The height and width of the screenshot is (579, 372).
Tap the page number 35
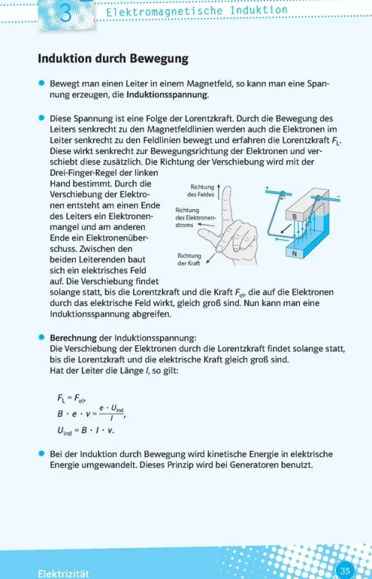344,570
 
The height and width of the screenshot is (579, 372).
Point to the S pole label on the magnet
294,215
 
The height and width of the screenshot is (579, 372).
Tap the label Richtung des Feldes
202,191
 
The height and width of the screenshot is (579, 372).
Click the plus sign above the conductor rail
266,189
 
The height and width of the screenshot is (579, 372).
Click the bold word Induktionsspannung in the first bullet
167,95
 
